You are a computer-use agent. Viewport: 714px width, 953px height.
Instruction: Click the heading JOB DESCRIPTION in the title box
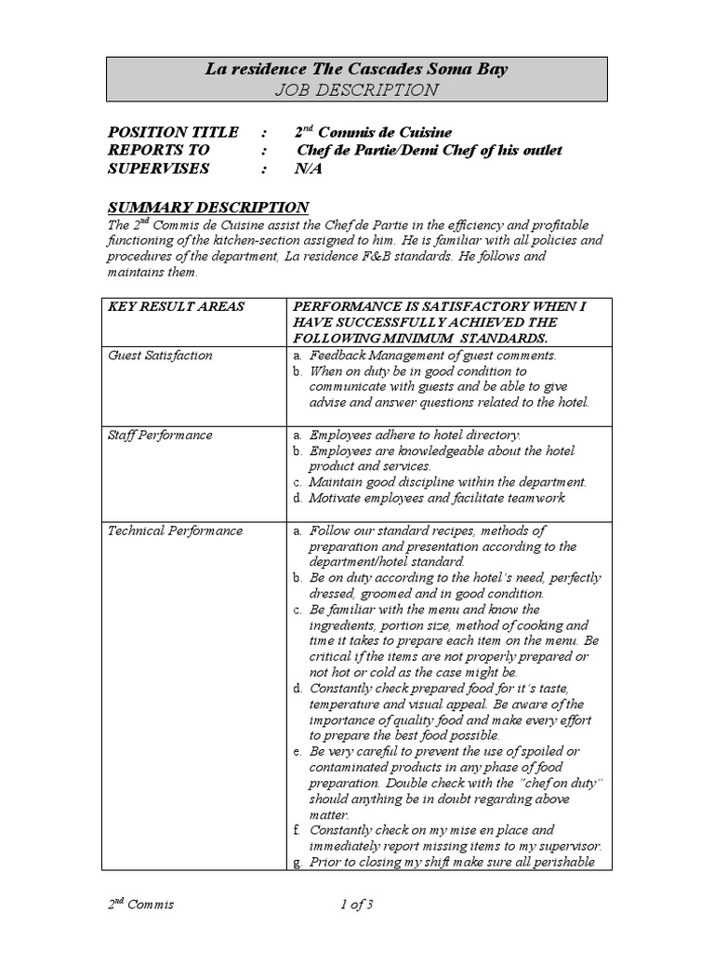click(x=357, y=89)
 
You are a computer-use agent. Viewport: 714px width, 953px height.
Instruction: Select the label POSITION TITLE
click(x=173, y=132)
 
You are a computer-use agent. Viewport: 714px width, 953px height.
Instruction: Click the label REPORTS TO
click(x=159, y=150)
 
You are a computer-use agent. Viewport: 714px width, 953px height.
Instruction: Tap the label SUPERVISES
click(x=158, y=168)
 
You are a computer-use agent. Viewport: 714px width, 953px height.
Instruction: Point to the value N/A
click(x=308, y=168)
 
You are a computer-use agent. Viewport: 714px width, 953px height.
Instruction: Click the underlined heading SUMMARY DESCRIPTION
click(x=208, y=207)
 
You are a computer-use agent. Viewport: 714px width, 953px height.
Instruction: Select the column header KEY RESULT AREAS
click(x=176, y=307)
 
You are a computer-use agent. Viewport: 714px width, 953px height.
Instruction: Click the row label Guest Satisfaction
click(x=160, y=356)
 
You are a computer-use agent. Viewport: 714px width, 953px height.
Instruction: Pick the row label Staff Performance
click(x=160, y=435)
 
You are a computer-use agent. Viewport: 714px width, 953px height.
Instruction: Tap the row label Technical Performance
click(x=175, y=530)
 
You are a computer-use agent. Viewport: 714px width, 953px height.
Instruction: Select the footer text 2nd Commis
click(x=140, y=904)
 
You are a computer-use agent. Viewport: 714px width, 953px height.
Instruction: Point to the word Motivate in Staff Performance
click(x=336, y=498)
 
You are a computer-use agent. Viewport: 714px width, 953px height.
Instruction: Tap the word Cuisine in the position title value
click(x=423, y=132)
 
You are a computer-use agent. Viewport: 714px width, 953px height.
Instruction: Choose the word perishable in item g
click(x=567, y=862)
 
